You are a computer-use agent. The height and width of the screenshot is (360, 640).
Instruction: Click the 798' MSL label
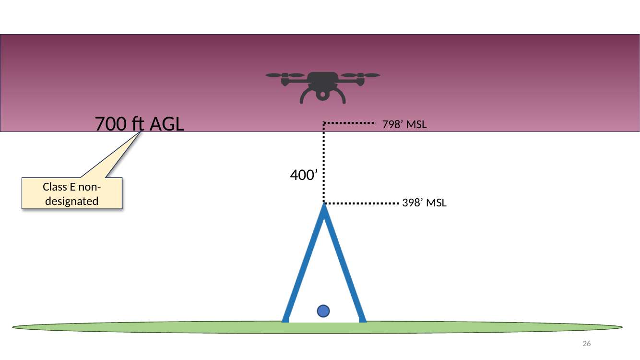click(x=404, y=124)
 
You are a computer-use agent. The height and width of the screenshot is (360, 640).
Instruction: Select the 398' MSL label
click(x=424, y=203)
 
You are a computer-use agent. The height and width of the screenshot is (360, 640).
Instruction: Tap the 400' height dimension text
click(x=304, y=175)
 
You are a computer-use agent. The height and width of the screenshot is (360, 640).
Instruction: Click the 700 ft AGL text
click(x=139, y=124)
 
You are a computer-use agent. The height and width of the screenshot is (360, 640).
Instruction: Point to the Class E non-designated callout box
click(x=72, y=193)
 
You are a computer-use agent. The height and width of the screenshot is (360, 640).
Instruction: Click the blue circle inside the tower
click(x=323, y=311)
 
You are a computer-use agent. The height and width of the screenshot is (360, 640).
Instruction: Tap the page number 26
click(x=587, y=343)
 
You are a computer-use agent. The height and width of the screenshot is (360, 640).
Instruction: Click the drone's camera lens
click(x=322, y=95)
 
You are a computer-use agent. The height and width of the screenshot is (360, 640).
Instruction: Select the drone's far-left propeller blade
click(x=274, y=75)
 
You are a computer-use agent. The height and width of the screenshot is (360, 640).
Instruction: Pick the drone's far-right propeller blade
click(x=372, y=75)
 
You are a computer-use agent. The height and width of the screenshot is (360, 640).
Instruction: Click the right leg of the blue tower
click(x=345, y=263)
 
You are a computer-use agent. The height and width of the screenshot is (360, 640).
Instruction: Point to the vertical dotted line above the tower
click(x=324, y=163)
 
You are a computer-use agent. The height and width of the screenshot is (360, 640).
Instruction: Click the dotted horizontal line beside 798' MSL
click(x=350, y=123)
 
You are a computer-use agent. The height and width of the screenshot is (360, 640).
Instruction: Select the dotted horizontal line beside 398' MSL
click(x=361, y=204)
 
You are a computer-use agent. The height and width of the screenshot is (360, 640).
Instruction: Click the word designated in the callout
click(x=71, y=201)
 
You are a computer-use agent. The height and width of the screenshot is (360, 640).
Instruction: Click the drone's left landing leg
click(x=306, y=96)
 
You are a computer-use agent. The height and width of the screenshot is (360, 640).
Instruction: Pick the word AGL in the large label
click(x=166, y=124)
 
